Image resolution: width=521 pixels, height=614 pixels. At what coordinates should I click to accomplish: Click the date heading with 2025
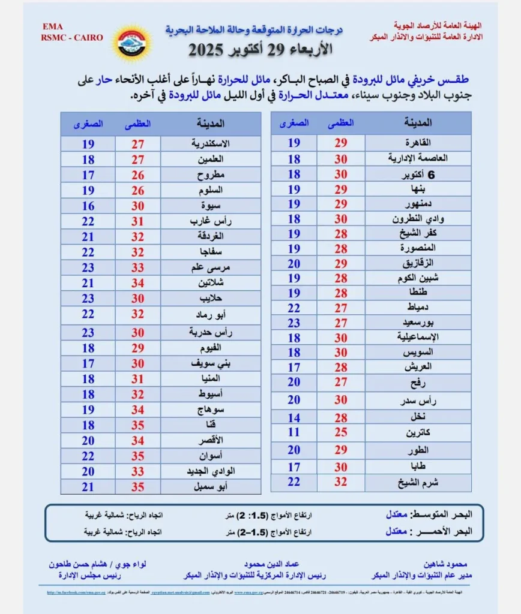(259, 50)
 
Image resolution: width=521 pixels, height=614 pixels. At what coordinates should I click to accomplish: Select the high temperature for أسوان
(137, 456)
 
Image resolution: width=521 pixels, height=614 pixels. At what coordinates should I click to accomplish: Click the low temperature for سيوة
(88, 206)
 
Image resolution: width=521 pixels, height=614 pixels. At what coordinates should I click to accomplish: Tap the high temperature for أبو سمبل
(137, 486)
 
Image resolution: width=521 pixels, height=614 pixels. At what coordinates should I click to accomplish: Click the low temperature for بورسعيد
(294, 322)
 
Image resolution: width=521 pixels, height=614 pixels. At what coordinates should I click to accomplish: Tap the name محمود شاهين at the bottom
(457, 565)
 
